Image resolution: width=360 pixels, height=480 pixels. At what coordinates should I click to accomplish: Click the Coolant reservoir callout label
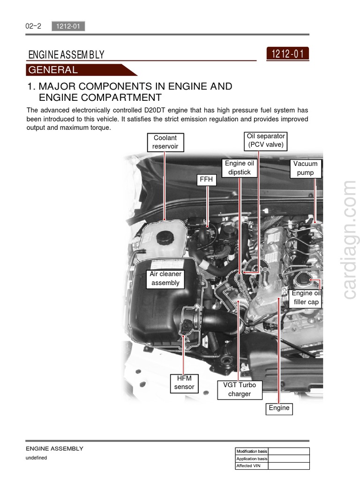tap(165, 142)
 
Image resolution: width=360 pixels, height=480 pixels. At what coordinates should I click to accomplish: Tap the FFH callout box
tap(206, 180)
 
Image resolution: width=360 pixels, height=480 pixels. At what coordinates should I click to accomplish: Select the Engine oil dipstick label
tap(239, 168)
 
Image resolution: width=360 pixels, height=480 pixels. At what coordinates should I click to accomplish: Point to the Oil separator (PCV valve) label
tap(266, 140)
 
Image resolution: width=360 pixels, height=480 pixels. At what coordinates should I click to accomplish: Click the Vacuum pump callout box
tap(305, 168)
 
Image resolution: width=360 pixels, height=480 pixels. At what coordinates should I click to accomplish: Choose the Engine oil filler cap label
tap(306, 298)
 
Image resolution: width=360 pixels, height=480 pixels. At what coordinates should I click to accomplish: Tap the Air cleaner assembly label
tap(165, 278)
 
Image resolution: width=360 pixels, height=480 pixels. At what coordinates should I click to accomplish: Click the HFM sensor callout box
tap(184, 382)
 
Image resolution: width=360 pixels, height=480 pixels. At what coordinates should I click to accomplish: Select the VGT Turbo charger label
tap(240, 390)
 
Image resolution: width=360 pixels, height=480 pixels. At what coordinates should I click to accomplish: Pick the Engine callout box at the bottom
tap(279, 408)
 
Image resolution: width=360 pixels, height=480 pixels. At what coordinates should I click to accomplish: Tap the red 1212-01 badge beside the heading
tap(287, 54)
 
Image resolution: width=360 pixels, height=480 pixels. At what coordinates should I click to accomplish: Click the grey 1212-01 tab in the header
tap(68, 26)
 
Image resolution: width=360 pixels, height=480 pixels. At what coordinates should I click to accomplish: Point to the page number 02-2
tap(33, 26)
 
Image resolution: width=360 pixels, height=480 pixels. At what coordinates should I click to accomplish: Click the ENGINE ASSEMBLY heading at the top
tap(66, 55)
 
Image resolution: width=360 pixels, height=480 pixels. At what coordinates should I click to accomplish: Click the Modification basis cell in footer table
tap(252, 451)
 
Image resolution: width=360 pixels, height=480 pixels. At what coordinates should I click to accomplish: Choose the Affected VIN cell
tap(252, 466)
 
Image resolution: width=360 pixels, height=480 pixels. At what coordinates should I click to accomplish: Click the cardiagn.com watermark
tap(349, 240)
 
